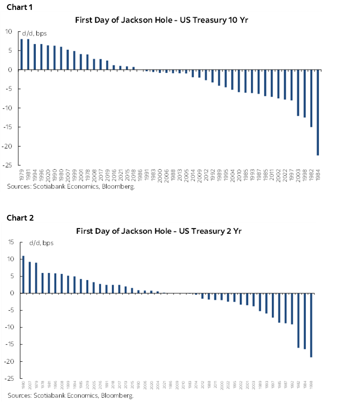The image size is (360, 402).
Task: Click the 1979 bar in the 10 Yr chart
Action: point(22,54)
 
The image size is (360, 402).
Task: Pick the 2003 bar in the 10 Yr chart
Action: point(298,93)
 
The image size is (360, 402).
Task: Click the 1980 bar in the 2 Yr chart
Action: point(24,274)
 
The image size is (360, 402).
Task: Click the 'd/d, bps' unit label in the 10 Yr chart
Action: point(34,33)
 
